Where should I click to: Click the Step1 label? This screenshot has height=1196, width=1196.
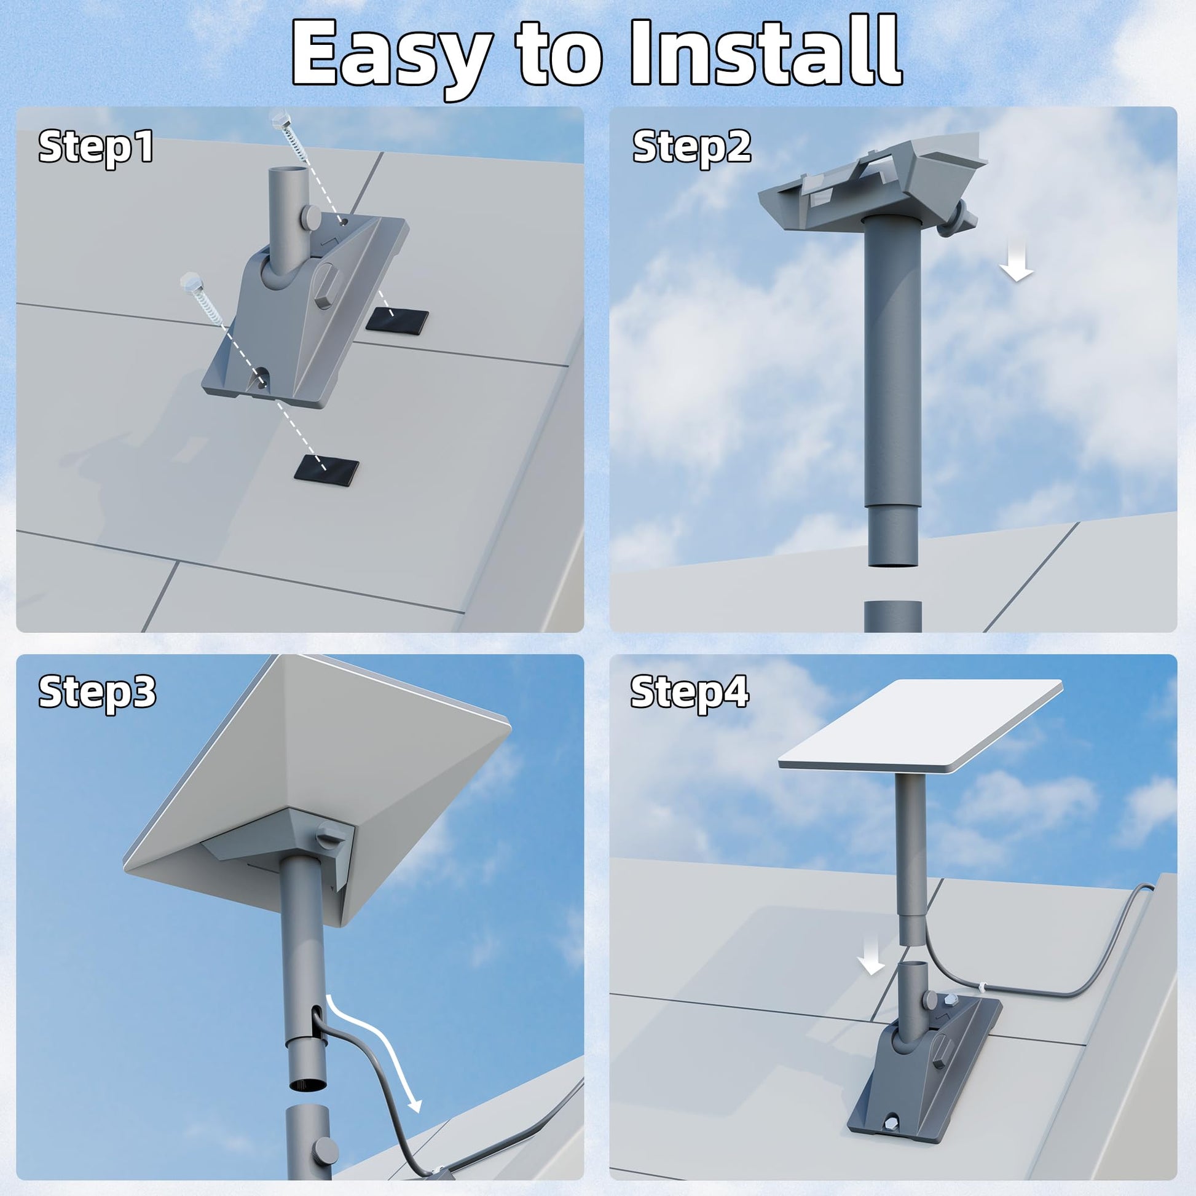96,148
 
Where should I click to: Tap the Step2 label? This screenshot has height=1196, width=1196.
691,148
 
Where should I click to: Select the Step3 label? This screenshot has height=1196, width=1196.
97,692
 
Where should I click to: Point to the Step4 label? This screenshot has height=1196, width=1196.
690,692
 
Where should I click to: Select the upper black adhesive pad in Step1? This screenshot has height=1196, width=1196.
397,320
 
